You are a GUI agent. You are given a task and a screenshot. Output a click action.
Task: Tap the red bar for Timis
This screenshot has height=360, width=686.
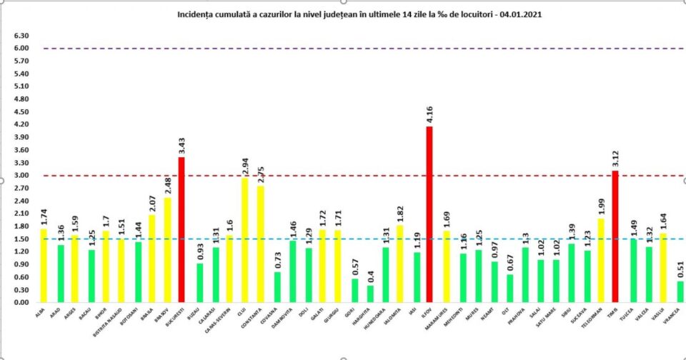click(615, 236)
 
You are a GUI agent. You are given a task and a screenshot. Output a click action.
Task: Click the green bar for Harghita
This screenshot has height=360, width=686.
click(371, 294)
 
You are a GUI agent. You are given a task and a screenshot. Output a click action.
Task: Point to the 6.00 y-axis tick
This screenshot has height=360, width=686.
click(21, 49)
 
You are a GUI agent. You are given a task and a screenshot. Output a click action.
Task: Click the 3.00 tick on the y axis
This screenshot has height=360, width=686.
click(21, 175)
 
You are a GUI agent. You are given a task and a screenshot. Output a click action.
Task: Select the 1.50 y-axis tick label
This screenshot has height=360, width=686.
click(21, 239)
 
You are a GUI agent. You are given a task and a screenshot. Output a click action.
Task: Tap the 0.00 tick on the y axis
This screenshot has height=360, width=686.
click(21, 302)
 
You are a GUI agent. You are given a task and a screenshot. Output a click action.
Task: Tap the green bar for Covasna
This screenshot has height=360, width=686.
click(278, 286)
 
